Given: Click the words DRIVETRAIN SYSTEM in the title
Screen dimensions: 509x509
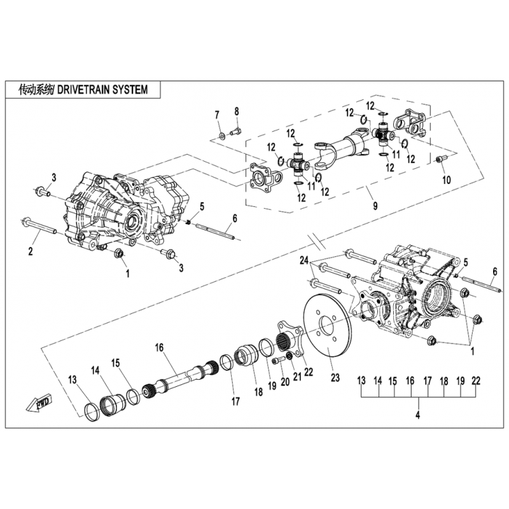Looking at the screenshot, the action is [102, 90].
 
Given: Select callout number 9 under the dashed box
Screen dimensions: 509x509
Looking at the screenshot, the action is [375, 206].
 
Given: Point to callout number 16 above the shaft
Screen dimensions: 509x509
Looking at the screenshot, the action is [159, 347].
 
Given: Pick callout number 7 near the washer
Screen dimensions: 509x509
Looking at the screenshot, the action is [217, 115].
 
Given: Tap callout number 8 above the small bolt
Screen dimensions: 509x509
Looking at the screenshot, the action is [237, 111].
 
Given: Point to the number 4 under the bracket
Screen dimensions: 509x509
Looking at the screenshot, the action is [417, 415].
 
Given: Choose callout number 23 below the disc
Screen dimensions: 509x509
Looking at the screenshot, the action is [335, 377].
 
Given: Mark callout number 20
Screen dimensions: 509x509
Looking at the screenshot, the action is [285, 382].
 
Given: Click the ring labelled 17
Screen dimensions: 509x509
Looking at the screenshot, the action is [227, 363].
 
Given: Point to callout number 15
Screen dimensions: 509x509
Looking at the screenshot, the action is [116, 363].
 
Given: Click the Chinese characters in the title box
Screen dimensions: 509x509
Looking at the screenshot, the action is [36, 90].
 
